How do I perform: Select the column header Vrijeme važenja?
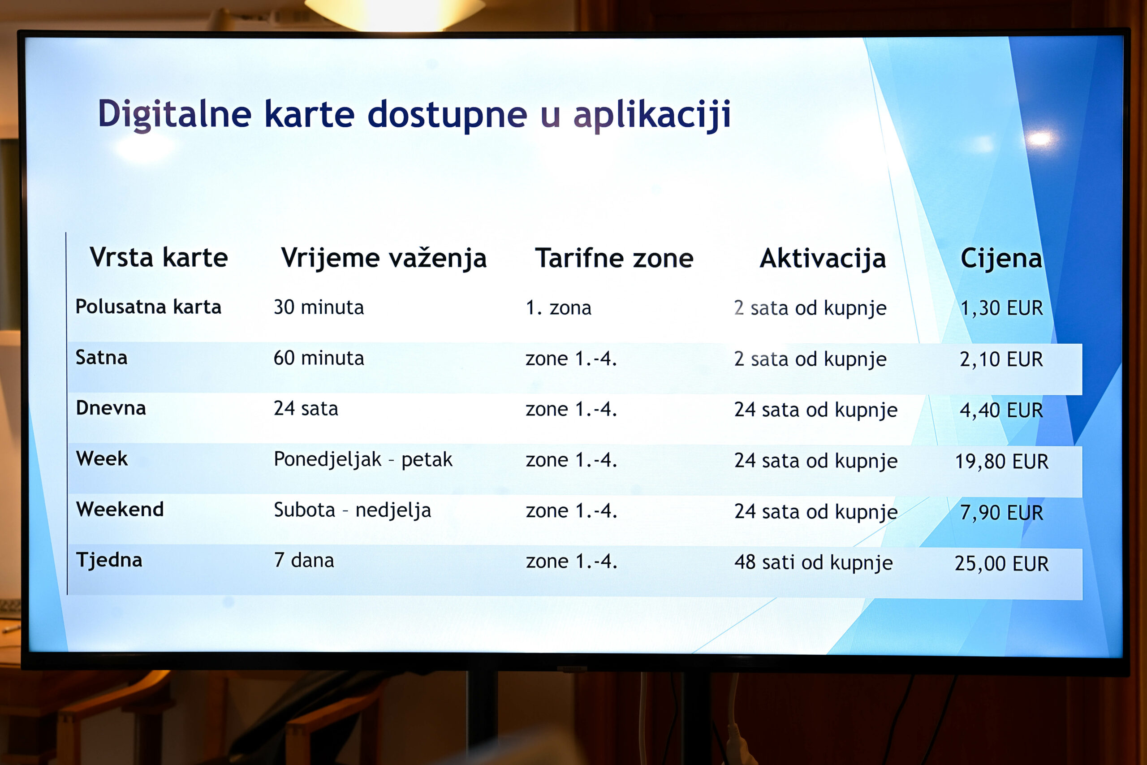point(384,259)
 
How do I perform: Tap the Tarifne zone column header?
point(614,258)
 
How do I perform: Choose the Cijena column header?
point(1001,259)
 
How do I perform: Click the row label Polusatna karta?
point(148,307)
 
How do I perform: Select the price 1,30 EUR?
point(1001,308)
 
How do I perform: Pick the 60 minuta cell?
point(319,358)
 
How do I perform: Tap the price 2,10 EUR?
point(1001,359)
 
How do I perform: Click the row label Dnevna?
point(111,408)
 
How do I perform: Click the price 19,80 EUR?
point(1001,462)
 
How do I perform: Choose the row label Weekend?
point(120,510)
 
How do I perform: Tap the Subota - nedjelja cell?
point(352,510)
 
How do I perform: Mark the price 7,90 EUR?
point(1001,513)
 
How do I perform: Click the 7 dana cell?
point(304,561)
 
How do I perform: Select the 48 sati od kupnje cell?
point(814,562)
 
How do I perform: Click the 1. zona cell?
point(558,308)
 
